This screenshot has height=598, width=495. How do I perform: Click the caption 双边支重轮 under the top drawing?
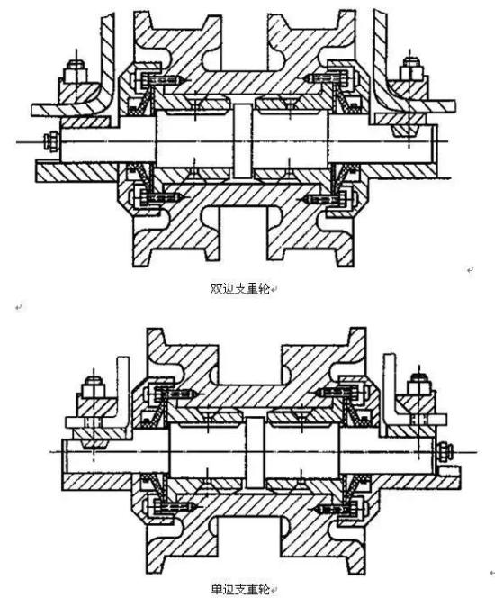(x=240, y=289)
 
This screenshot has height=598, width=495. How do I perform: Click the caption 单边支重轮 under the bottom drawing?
(x=240, y=589)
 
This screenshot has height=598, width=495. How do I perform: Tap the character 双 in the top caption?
(x=216, y=289)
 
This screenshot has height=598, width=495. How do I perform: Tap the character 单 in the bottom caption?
(x=216, y=589)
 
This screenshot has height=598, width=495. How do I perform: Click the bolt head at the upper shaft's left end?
(x=51, y=141)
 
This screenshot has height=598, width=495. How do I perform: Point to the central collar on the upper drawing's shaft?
(x=242, y=141)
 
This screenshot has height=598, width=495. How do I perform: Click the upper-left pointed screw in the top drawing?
(x=165, y=81)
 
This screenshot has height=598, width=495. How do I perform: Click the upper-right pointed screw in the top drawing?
(x=326, y=79)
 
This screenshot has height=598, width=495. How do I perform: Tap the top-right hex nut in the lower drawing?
(x=419, y=384)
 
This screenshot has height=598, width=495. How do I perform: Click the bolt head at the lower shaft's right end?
(x=445, y=451)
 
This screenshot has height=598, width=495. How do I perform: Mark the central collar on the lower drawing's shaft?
(x=255, y=453)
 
